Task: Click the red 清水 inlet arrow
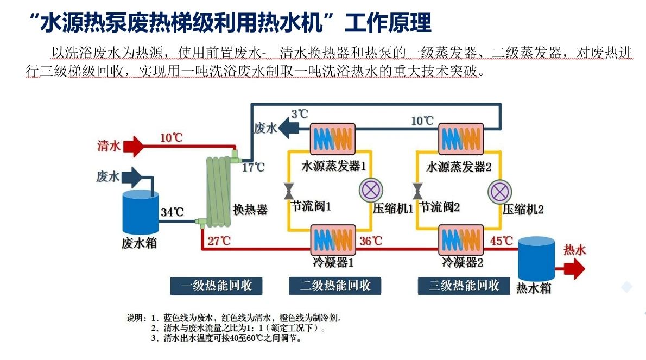click(134, 146)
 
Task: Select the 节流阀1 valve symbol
click(288, 191)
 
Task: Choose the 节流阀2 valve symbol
click(417, 191)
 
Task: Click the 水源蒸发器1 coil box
click(332, 139)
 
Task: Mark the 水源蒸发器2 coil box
click(461, 139)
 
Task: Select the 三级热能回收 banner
click(464, 286)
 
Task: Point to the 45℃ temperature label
click(501, 240)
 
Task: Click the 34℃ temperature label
click(172, 212)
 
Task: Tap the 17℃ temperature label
click(253, 167)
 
